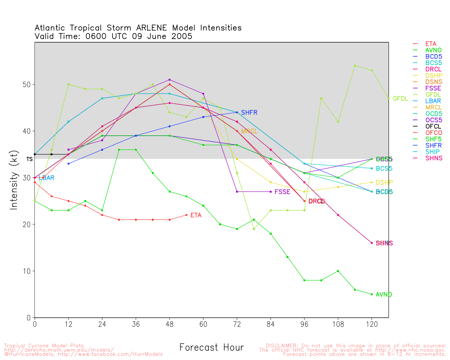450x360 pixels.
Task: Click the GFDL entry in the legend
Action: [433, 95]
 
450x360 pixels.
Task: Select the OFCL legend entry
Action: [433, 126]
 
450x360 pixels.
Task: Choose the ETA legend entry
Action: [431, 44]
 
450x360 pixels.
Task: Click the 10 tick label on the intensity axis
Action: [27, 271]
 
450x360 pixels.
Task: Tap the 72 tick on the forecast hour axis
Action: [237, 324]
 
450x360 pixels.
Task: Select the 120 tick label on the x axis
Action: [372, 324]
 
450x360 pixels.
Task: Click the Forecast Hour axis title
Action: [211, 347]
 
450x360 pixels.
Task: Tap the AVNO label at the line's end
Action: [384, 295]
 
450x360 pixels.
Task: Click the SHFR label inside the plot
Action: [249, 112]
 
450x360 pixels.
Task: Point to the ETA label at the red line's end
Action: [196, 215]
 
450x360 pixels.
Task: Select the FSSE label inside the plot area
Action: [282, 192]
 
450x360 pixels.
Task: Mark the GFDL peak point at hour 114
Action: [355, 66]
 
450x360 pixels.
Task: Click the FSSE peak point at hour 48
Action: [169, 80]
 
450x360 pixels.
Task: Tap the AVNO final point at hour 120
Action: [372, 294]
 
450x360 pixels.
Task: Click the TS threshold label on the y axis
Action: [30, 159]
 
